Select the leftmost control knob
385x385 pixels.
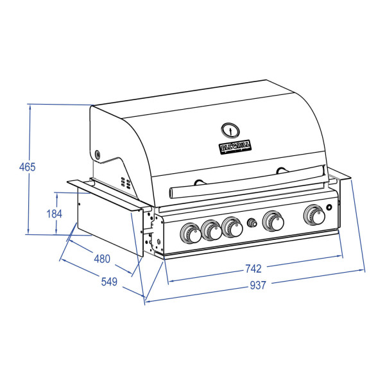point(191,234)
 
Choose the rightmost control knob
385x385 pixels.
point(314,216)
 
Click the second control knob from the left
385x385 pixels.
point(210,230)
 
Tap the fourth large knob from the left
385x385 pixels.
point(273,221)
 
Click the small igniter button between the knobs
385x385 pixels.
point(252,223)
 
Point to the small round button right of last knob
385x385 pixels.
point(330,207)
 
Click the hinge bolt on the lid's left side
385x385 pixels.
point(98,154)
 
